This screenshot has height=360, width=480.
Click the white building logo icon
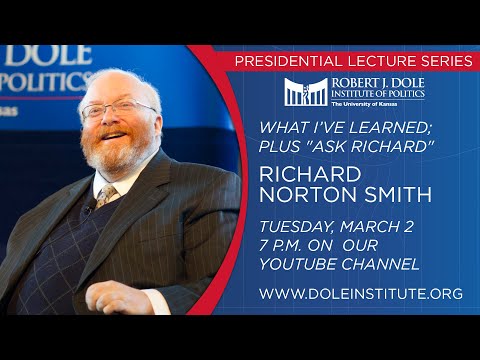pyautogui.click(x=303, y=92)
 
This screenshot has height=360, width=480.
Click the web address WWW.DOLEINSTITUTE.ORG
pyautogui.click(x=360, y=294)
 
